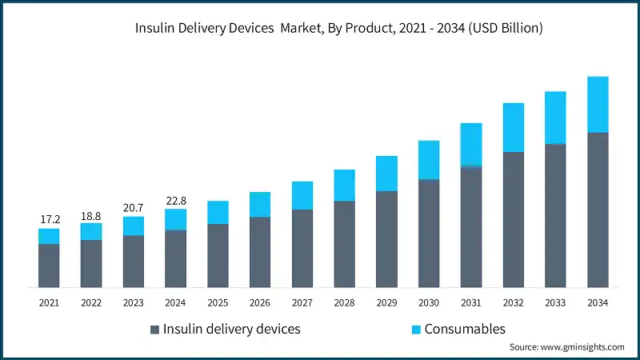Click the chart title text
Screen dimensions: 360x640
tap(339, 28)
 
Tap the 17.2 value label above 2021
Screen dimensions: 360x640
tap(49, 218)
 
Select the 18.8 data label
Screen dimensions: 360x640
tap(91, 214)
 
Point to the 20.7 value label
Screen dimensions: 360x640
tap(134, 207)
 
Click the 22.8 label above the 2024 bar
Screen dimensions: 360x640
tap(176, 200)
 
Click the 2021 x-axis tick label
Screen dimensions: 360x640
tap(49, 302)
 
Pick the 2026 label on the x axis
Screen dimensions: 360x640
tap(260, 302)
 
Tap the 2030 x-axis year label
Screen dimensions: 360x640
tap(429, 302)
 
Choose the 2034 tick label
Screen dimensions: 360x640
tap(598, 302)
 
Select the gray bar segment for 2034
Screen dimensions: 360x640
tap(598, 210)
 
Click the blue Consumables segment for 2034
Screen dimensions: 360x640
tap(598, 105)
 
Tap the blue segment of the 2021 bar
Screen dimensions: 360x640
tap(49, 236)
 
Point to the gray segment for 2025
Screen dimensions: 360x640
tap(218, 256)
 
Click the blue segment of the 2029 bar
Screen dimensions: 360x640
tap(386, 174)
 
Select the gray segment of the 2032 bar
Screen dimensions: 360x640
tap(513, 219)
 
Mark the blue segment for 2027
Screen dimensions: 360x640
tap(302, 196)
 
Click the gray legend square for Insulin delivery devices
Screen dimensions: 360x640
tap(154, 330)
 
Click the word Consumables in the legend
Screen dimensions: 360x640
tap(465, 329)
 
